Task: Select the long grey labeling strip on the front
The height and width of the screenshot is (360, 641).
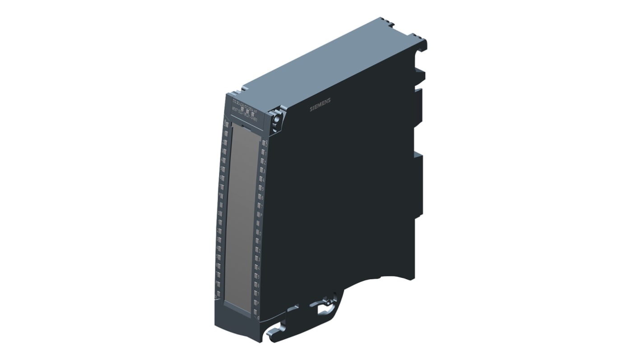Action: (x=240, y=212)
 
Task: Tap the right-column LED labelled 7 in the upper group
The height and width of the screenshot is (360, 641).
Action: (x=260, y=205)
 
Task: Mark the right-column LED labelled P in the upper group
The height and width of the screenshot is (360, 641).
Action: (x=260, y=214)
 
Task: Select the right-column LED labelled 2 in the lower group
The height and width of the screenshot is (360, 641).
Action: (x=258, y=250)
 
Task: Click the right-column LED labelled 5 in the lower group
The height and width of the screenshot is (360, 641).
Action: (x=257, y=276)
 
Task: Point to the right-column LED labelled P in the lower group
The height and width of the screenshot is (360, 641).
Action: (x=256, y=303)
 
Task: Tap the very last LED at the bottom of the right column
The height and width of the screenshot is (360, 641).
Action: (x=255, y=312)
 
